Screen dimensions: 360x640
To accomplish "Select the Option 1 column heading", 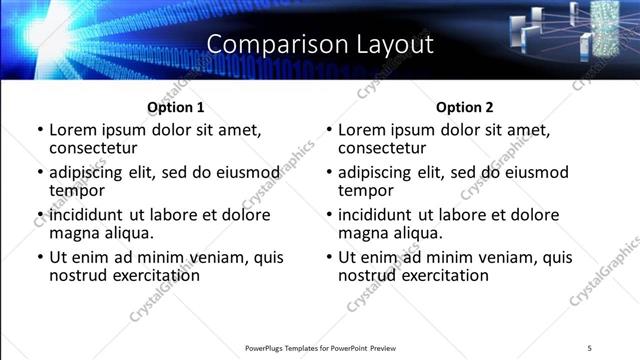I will pyautogui.click(x=176, y=107).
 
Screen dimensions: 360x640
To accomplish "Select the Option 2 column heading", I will pyautogui.click(x=465, y=107).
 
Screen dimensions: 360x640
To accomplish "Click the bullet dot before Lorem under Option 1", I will pyautogui.click(x=39, y=130).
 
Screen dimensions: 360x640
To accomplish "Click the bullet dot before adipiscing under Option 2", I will pyautogui.click(x=328, y=173).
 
